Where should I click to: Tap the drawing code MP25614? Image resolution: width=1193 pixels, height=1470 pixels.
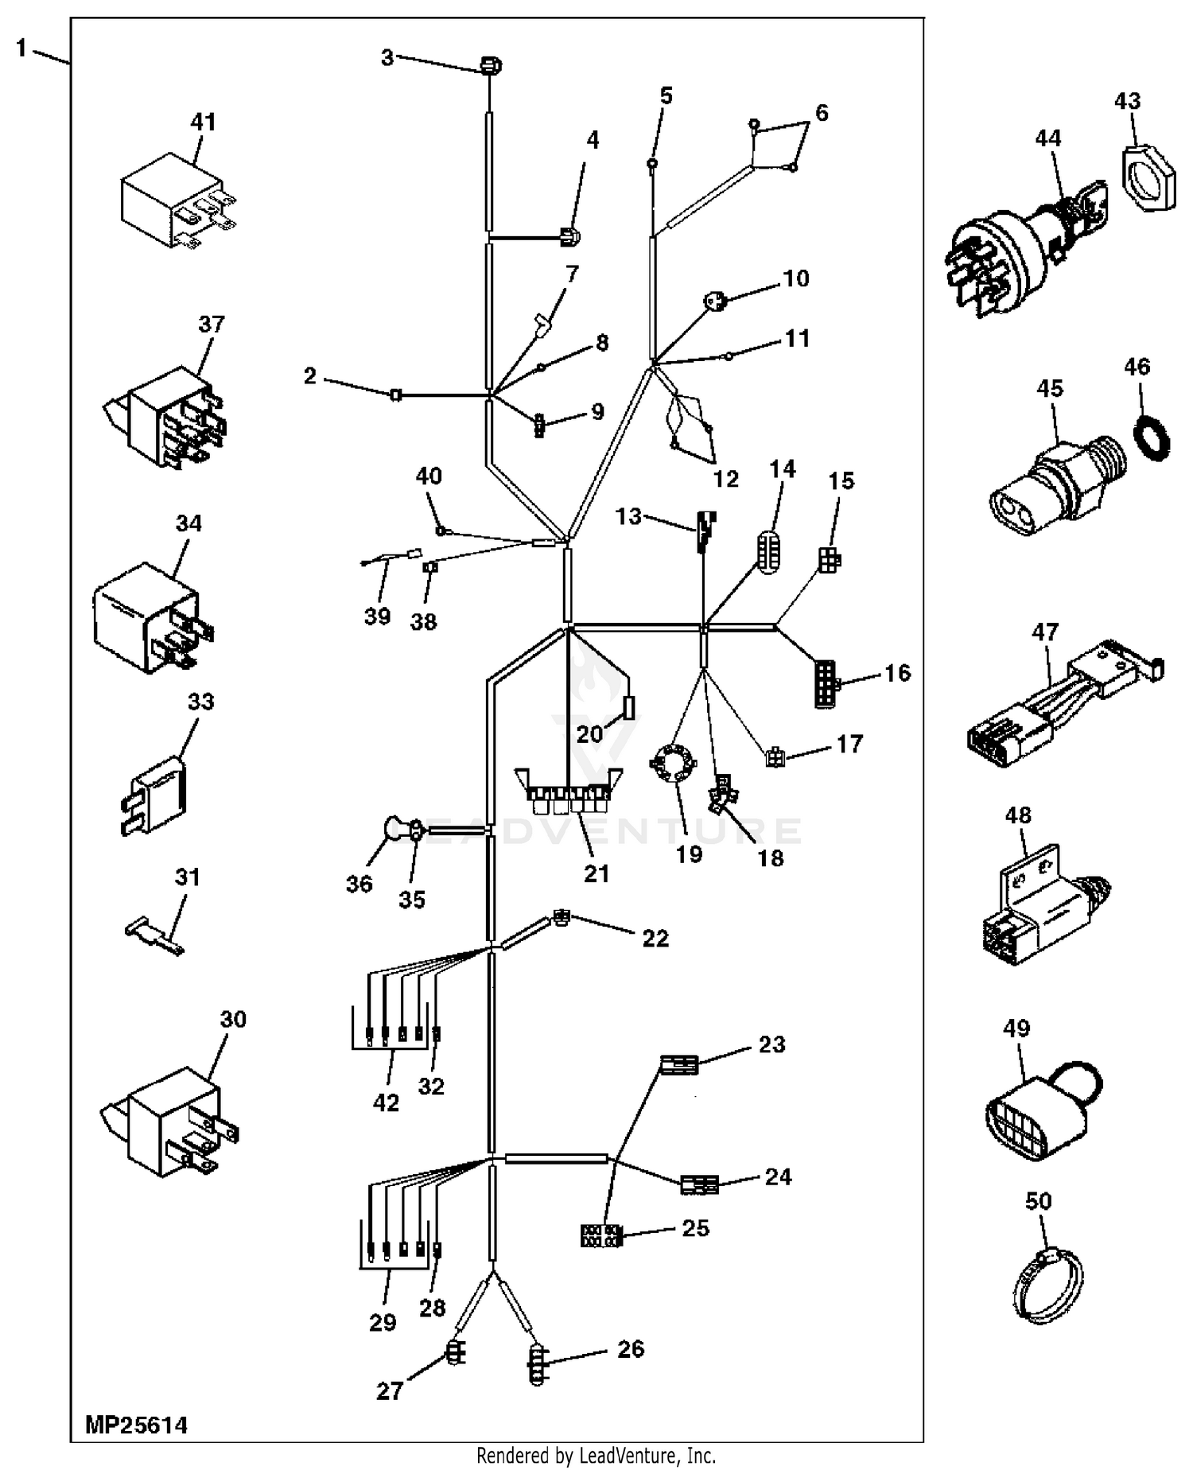tap(136, 1423)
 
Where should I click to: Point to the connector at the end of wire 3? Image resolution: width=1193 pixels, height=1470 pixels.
tap(491, 65)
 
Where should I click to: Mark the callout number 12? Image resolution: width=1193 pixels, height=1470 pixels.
tap(725, 479)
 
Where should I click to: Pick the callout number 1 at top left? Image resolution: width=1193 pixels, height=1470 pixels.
tap(21, 49)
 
